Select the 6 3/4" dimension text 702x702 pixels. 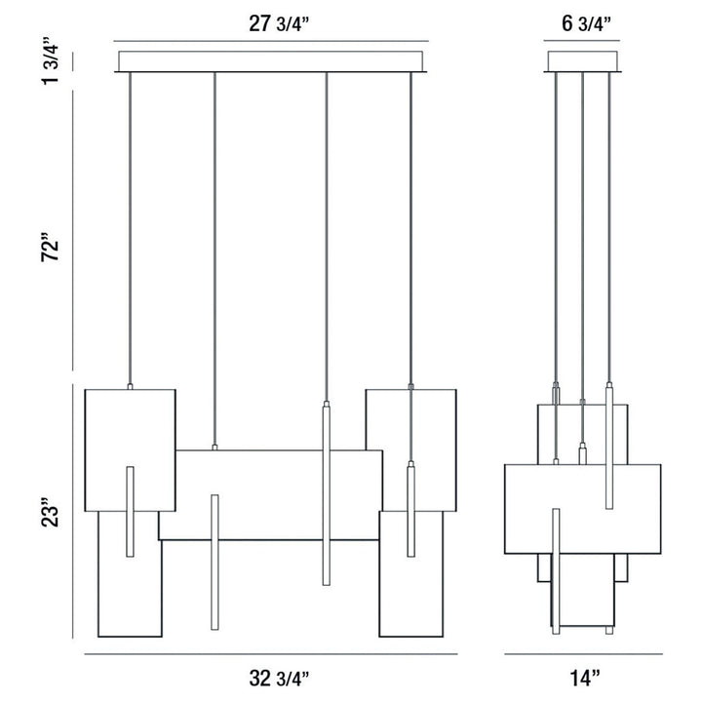pos(582,24)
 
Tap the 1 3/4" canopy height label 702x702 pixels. pos(55,60)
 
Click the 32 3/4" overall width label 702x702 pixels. pos(273,676)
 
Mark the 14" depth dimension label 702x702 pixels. pos(582,676)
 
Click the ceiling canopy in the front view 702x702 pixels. pos(272,61)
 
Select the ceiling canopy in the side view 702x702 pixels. pos(582,61)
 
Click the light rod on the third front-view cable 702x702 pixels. pos(326,492)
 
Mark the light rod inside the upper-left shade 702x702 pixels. pos(129,512)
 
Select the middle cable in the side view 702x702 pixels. pos(582,234)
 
